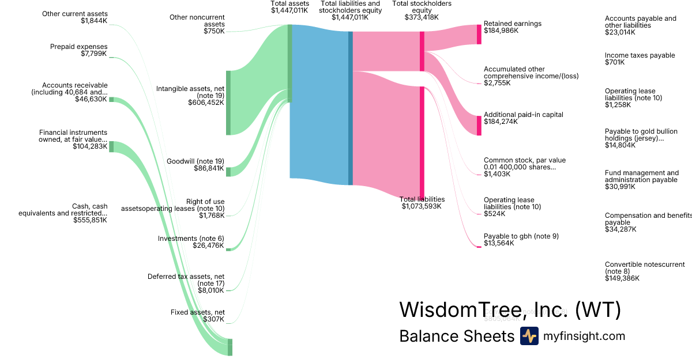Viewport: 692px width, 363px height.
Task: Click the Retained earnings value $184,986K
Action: pyautogui.click(x=501, y=31)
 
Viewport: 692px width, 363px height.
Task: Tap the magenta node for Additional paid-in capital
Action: pyautogui.click(x=479, y=126)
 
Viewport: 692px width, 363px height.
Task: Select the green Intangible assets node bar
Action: pyautogui.click(x=228, y=103)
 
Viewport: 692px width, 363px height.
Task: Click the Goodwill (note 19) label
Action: pyautogui.click(x=195, y=161)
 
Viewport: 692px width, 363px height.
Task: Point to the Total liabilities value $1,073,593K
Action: pyautogui.click(x=422, y=206)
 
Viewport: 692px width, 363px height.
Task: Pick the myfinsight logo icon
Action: pyautogui.click(x=529, y=336)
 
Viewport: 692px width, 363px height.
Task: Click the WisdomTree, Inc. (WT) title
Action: pyautogui.click(x=510, y=310)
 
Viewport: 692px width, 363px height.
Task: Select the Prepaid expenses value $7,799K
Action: pyautogui.click(x=94, y=54)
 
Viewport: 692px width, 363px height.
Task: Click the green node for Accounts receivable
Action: pyautogui.click(x=111, y=100)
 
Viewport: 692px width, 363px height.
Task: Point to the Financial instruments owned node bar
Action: pyautogui.click(x=111, y=146)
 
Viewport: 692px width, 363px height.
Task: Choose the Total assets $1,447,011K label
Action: pyautogui.click(x=290, y=7)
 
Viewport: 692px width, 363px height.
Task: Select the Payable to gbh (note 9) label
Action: pyautogui.click(x=521, y=236)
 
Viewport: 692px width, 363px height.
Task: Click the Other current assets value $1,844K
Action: pyautogui.click(x=94, y=21)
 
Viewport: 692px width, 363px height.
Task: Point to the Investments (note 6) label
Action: pyautogui.click(x=191, y=239)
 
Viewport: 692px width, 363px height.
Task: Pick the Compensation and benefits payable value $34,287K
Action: pyautogui.click(x=620, y=229)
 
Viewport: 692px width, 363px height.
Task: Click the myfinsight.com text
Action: pyautogui.click(x=584, y=336)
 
